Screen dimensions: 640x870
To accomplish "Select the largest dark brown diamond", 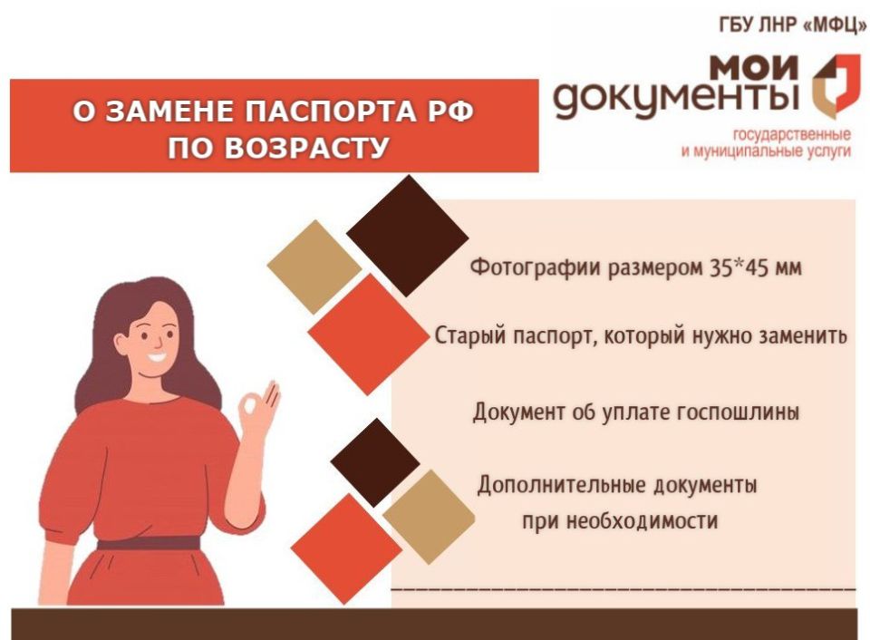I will tap(407, 235).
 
